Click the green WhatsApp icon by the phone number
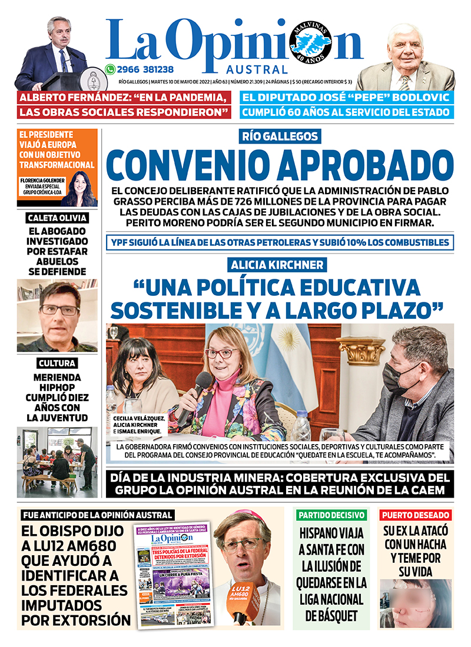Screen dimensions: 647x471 tap(110, 69)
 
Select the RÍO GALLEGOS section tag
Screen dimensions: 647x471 tap(280, 137)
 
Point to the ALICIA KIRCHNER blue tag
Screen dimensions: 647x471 tap(280, 265)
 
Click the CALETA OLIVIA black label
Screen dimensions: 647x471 tap(58, 218)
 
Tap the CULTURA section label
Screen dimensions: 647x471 tap(57, 363)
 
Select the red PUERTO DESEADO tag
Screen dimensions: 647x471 tap(416, 515)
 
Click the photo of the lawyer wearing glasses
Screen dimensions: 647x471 tap(58, 314)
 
